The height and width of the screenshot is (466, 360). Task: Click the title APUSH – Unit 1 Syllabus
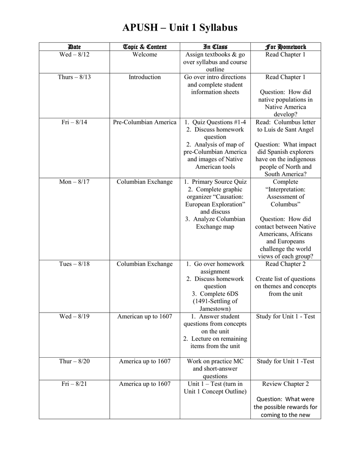pyautogui.click(x=180, y=28)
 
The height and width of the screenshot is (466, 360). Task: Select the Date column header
pyautogui.click(x=74, y=47)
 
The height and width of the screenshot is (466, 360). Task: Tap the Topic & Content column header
pyautogui.click(x=145, y=47)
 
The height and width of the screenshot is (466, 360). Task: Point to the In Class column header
pyautogui.click(x=215, y=47)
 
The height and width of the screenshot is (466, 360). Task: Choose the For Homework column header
pyautogui.click(x=285, y=47)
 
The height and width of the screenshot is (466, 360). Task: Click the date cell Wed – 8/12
pyautogui.click(x=74, y=55)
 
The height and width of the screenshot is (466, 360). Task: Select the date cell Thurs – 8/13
pyautogui.click(x=74, y=77)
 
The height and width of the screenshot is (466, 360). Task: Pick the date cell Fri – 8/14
pyautogui.click(x=74, y=122)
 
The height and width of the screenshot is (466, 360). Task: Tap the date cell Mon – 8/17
pyautogui.click(x=74, y=182)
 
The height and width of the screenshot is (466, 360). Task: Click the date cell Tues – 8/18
pyautogui.click(x=74, y=264)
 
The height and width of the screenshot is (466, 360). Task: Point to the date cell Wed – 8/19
pyautogui.click(x=74, y=317)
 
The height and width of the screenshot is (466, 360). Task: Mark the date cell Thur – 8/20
pyautogui.click(x=74, y=361)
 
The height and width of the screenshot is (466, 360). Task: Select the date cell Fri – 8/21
pyautogui.click(x=74, y=384)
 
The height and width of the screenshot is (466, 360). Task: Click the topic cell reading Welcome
pyautogui.click(x=145, y=55)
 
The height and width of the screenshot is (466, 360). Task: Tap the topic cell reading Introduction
pyautogui.click(x=145, y=77)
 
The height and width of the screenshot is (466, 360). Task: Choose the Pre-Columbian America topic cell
pyautogui.click(x=145, y=122)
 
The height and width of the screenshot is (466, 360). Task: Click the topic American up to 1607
pyautogui.click(x=145, y=317)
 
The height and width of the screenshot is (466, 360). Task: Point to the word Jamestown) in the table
pyautogui.click(x=215, y=309)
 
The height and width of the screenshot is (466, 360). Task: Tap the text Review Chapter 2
pyautogui.click(x=285, y=384)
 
